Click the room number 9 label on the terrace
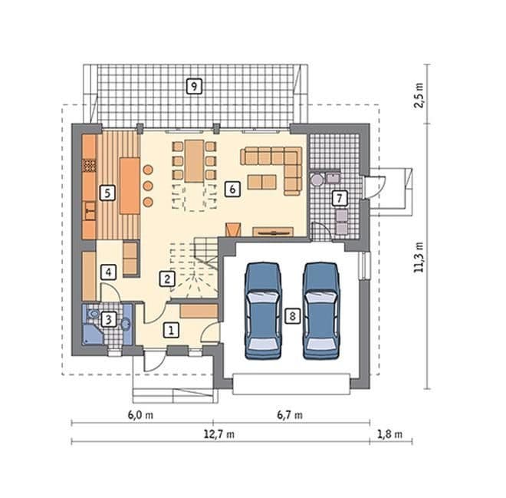click(194, 86)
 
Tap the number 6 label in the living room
click(232, 189)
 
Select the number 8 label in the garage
click(292, 315)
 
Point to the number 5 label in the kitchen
click(107, 193)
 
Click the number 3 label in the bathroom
click(108, 320)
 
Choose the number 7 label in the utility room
click(340, 198)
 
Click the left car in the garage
click(263, 311)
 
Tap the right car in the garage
click(320, 311)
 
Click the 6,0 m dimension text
click(140, 414)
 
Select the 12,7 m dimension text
click(219, 434)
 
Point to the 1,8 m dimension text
click(389, 434)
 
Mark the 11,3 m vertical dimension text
click(419, 257)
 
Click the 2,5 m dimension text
click(419, 95)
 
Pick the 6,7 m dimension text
click(290, 414)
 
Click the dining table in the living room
click(194, 161)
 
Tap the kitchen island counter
click(130, 186)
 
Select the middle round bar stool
click(148, 186)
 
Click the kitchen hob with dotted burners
click(90, 165)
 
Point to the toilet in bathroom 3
click(93, 313)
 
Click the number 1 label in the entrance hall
click(171, 330)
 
